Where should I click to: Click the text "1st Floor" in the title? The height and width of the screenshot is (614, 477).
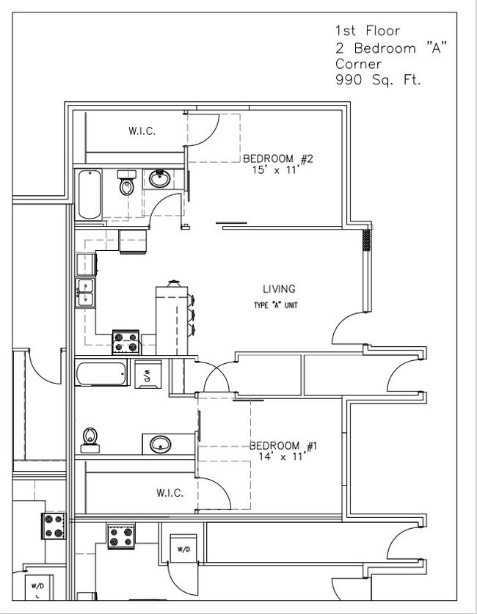tap(367, 31)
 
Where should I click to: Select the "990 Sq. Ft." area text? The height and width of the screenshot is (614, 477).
tap(378, 80)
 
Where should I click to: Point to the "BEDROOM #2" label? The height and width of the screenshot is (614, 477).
tap(278, 158)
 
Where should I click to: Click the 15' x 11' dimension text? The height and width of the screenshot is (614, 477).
tap(278, 170)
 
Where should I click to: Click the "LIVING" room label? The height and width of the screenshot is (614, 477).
tap(279, 289)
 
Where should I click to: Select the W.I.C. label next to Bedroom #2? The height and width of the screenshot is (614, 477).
tap(142, 132)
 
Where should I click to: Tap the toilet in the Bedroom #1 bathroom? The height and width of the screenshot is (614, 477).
tap(90, 437)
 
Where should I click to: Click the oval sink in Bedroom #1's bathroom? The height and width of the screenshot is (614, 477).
tap(160, 444)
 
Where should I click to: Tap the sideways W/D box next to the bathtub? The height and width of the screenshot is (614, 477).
tap(146, 374)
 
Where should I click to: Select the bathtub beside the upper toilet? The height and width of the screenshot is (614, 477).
tap(89, 194)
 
